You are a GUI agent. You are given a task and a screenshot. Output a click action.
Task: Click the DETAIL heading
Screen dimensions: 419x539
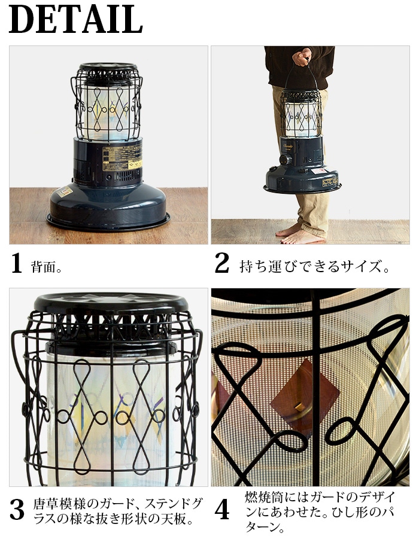(75, 19)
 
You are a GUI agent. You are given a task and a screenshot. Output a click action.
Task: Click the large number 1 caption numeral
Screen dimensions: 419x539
(17, 263)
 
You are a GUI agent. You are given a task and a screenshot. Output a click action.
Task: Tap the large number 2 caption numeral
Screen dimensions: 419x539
(222, 263)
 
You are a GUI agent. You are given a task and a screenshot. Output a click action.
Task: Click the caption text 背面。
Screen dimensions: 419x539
(47, 267)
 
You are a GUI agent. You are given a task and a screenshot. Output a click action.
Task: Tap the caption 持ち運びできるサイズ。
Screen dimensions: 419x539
(314, 267)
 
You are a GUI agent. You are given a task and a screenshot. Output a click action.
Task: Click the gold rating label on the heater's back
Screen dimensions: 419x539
(123, 157)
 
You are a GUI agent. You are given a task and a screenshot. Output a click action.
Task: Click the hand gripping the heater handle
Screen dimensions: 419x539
(302, 56)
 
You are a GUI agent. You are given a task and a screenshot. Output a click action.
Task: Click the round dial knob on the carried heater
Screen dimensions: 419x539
(285, 160)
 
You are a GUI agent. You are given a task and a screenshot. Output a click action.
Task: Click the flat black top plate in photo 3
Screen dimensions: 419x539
(111, 303)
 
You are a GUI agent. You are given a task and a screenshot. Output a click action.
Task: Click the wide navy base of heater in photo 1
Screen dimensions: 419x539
(108, 205)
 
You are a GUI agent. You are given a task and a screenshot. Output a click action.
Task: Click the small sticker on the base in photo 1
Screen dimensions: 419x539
(64, 192)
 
